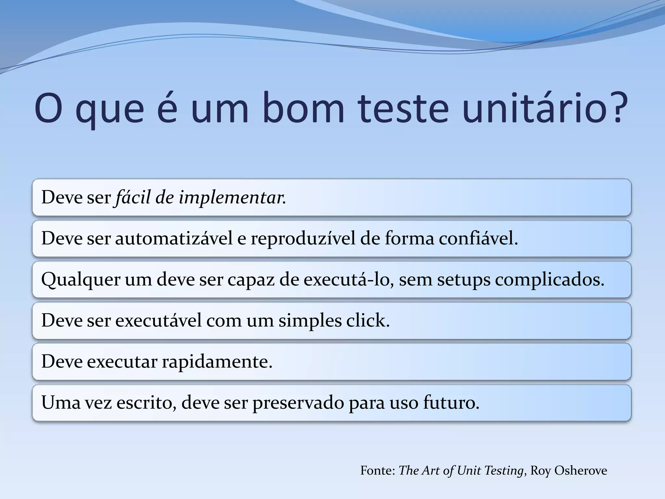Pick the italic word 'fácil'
[x=133, y=197]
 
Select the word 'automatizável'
[x=174, y=238]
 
